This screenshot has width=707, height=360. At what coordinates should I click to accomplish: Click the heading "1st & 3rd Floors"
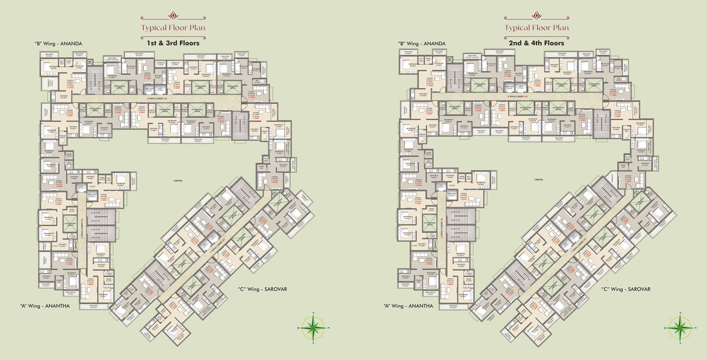click(x=173, y=43)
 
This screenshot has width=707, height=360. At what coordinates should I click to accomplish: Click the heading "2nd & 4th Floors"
click(x=536, y=43)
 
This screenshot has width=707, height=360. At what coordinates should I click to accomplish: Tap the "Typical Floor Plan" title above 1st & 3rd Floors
click(x=173, y=28)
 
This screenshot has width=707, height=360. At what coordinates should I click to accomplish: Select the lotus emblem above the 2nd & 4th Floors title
click(x=537, y=16)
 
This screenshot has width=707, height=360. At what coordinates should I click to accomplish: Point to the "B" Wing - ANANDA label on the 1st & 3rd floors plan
click(x=58, y=44)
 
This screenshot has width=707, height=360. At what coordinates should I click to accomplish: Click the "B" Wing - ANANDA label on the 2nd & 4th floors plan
click(x=422, y=44)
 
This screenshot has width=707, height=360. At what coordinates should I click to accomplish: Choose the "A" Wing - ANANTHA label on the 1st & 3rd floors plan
click(x=45, y=306)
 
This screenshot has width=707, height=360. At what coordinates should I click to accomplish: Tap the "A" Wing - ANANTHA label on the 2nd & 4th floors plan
click(x=408, y=306)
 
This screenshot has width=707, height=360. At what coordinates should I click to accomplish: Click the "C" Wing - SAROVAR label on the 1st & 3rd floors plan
click(x=262, y=289)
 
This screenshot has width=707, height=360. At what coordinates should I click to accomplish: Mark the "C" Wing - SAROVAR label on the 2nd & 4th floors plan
click(x=626, y=289)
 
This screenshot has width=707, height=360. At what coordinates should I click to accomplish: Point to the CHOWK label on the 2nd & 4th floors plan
click(x=539, y=179)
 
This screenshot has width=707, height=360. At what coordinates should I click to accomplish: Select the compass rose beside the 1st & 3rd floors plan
click(x=313, y=327)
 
